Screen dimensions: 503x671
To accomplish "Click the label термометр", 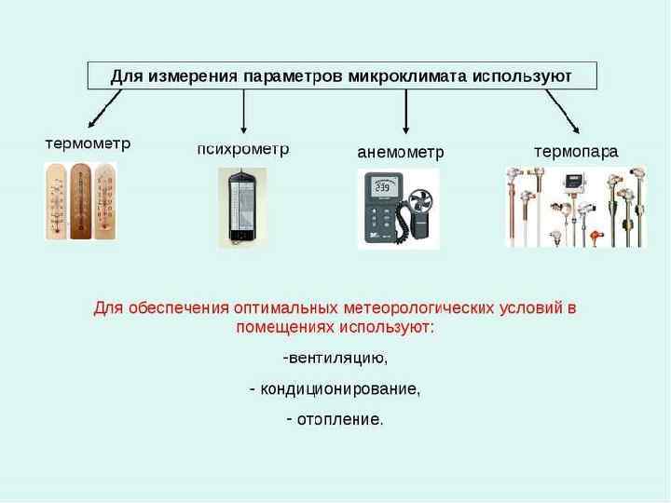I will [x=89, y=144].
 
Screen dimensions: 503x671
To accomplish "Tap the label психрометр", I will [x=243, y=148].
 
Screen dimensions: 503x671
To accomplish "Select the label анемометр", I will [x=401, y=151].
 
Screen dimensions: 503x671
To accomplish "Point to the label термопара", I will [x=575, y=150].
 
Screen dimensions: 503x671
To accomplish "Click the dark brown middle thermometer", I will [x=81, y=199].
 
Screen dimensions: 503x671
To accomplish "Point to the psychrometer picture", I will [x=242, y=207].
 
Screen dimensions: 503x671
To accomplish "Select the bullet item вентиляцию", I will [x=336, y=358].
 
